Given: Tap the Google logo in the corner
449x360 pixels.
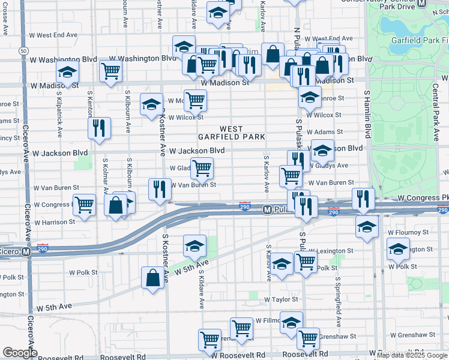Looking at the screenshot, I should (x=20, y=353).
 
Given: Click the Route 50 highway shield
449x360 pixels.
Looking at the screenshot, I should (x=22, y=50).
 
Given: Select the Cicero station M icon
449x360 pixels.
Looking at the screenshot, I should (x=26, y=252).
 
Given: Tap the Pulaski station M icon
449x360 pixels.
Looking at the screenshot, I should (x=268, y=209).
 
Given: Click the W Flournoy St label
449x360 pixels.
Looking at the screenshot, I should (x=408, y=232).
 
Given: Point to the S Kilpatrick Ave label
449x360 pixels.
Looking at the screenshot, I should (x=60, y=118).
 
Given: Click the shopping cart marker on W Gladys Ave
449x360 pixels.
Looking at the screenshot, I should (x=202, y=169).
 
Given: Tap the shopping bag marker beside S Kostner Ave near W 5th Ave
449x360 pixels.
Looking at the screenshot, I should (x=152, y=278).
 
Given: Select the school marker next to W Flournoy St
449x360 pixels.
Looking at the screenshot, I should (x=367, y=227).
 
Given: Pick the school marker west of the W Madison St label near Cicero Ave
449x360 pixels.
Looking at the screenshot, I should (x=68, y=72).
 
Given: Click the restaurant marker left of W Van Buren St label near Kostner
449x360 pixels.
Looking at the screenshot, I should (x=159, y=189).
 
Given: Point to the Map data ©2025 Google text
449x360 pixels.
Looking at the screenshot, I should (x=412, y=355).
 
